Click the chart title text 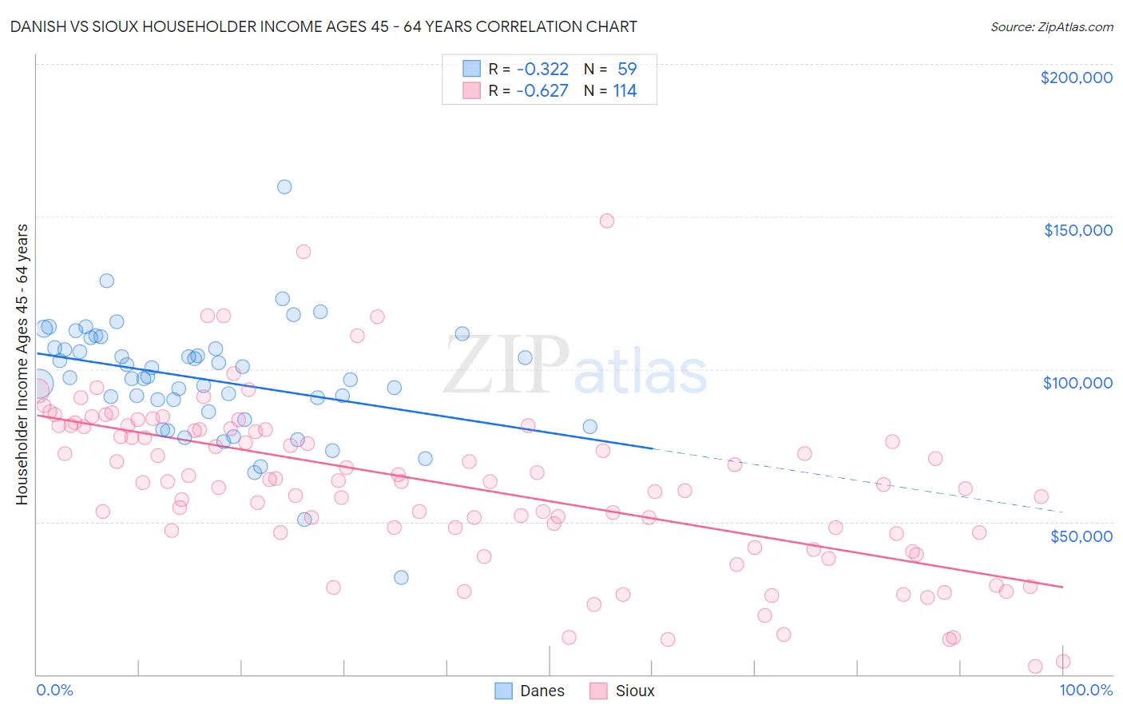click(x=323, y=26)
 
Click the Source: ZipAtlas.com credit click(x=1051, y=26)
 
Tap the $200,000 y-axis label click(x=1076, y=78)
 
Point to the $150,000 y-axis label click(x=1077, y=230)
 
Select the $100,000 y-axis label click(x=1077, y=383)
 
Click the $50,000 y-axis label click(x=1081, y=536)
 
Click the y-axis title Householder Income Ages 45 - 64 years click(x=22, y=364)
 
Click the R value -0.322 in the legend click(x=542, y=69)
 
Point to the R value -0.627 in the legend click(x=542, y=91)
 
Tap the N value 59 click(x=627, y=69)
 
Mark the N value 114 click(x=625, y=91)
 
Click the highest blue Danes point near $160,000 click(x=284, y=187)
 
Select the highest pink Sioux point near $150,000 click(x=607, y=221)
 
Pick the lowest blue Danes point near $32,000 click(x=402, y=577)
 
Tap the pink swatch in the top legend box click(x=471, y=90)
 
